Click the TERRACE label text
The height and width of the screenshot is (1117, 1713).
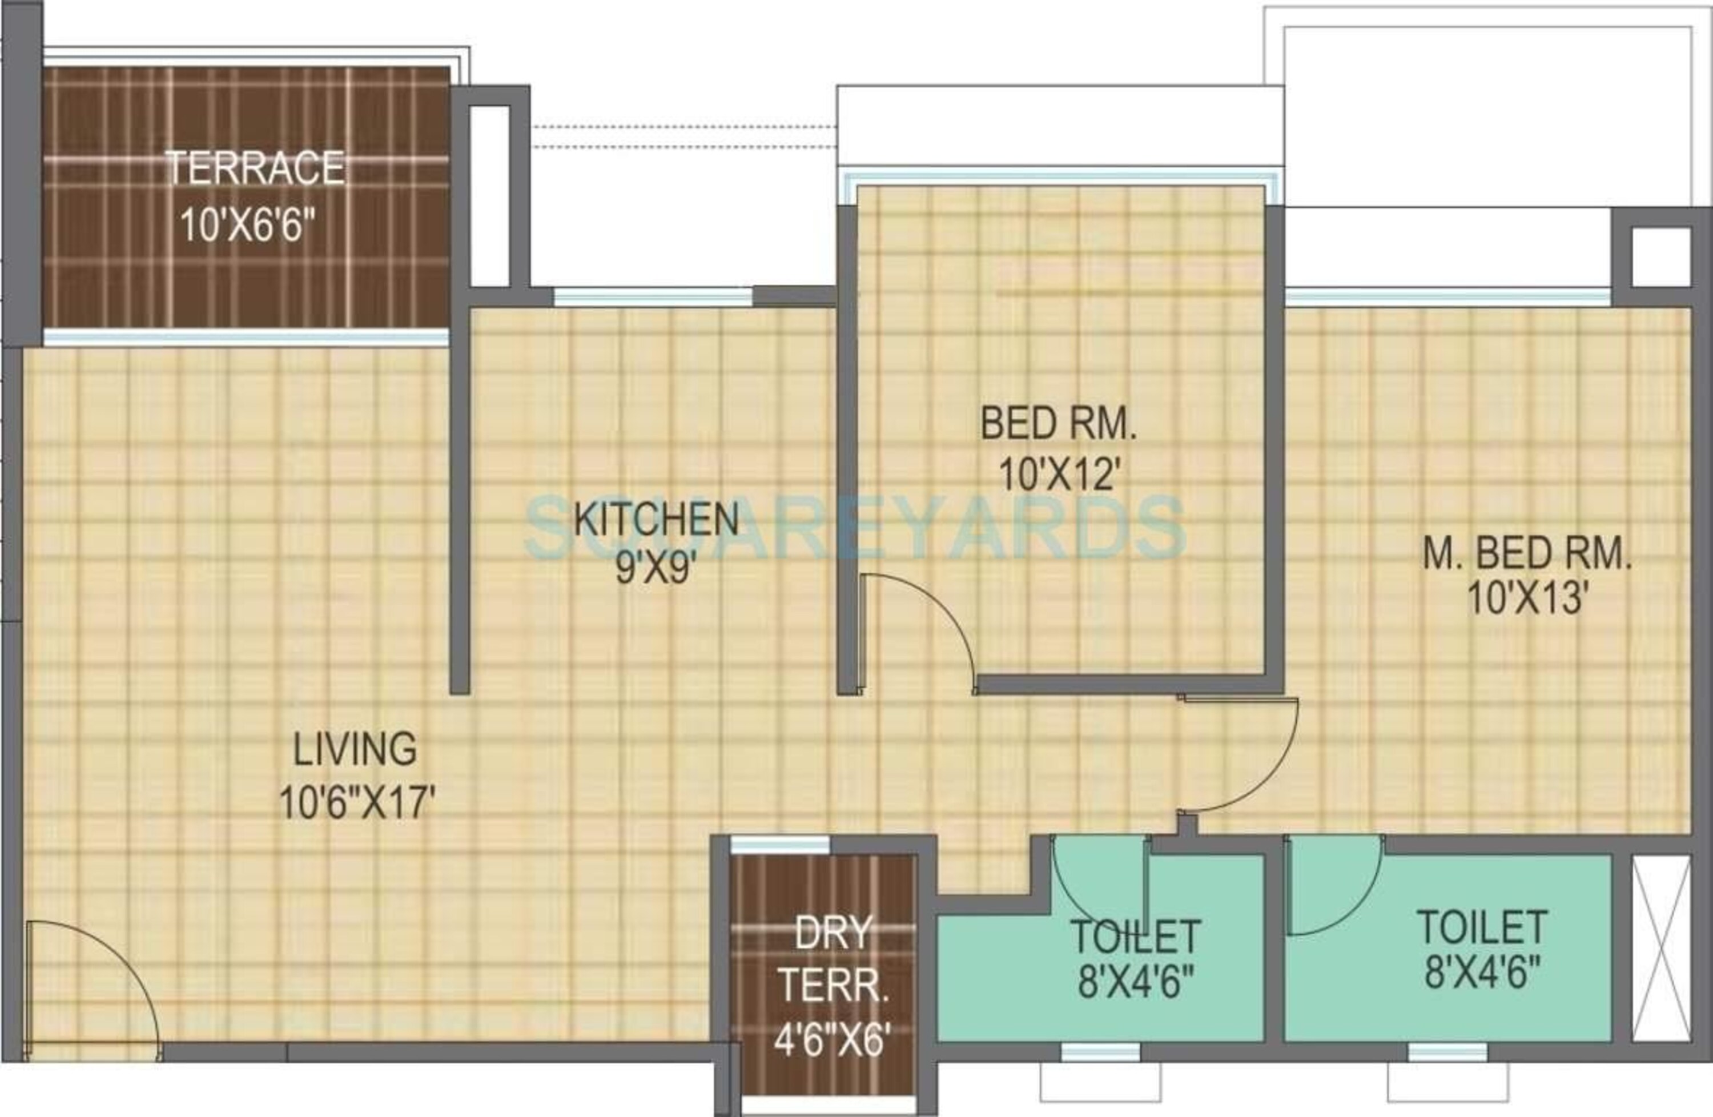(255, 168)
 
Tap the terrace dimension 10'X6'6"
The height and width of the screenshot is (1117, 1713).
(248, 224)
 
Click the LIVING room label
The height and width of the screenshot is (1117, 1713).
(355, 749)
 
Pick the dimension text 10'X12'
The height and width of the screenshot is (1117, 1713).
(1060, 475)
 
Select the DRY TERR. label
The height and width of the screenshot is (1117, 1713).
(834, 958)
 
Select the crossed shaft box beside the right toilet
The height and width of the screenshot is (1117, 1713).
(1661, 948)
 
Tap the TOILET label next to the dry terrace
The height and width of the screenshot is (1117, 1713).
(1135, 935)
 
